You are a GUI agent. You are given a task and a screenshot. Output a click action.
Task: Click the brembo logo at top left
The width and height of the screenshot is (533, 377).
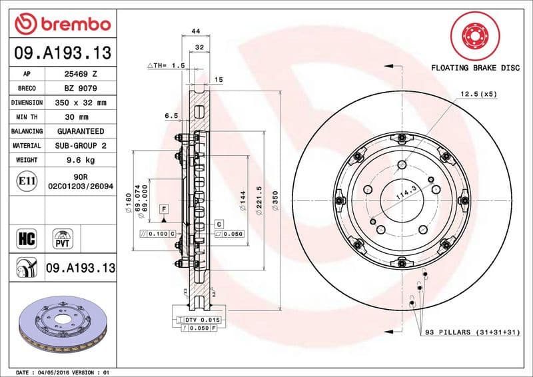point(61,25)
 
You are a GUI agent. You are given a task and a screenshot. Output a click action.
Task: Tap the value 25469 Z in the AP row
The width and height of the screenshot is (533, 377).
point(82,74)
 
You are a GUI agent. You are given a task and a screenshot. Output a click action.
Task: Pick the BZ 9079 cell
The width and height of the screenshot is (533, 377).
point(82,89)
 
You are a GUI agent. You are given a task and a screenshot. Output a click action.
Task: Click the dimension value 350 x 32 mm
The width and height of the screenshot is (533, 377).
point(82,103)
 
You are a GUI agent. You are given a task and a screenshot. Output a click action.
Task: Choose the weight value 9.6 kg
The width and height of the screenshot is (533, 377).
point(82,161)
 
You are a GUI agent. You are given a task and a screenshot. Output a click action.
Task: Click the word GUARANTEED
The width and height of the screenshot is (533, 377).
point(82,132)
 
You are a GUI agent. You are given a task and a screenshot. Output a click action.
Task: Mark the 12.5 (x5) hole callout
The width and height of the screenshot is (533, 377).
point(478,95)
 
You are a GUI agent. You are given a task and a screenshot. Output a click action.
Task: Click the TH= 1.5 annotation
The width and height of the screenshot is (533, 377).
point(165,66)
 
